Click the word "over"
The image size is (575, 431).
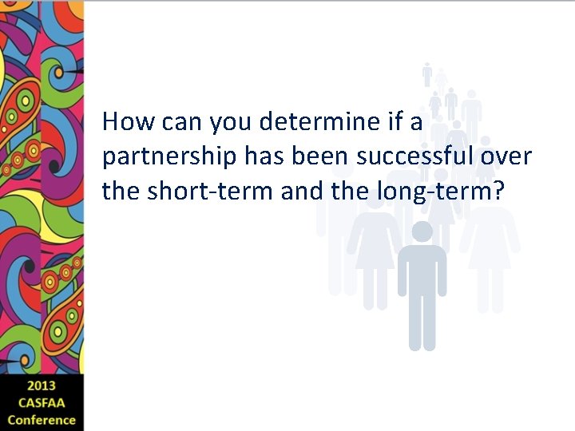506,156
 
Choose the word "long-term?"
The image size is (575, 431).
451,192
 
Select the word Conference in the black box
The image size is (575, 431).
42,419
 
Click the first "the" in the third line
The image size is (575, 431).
121,191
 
